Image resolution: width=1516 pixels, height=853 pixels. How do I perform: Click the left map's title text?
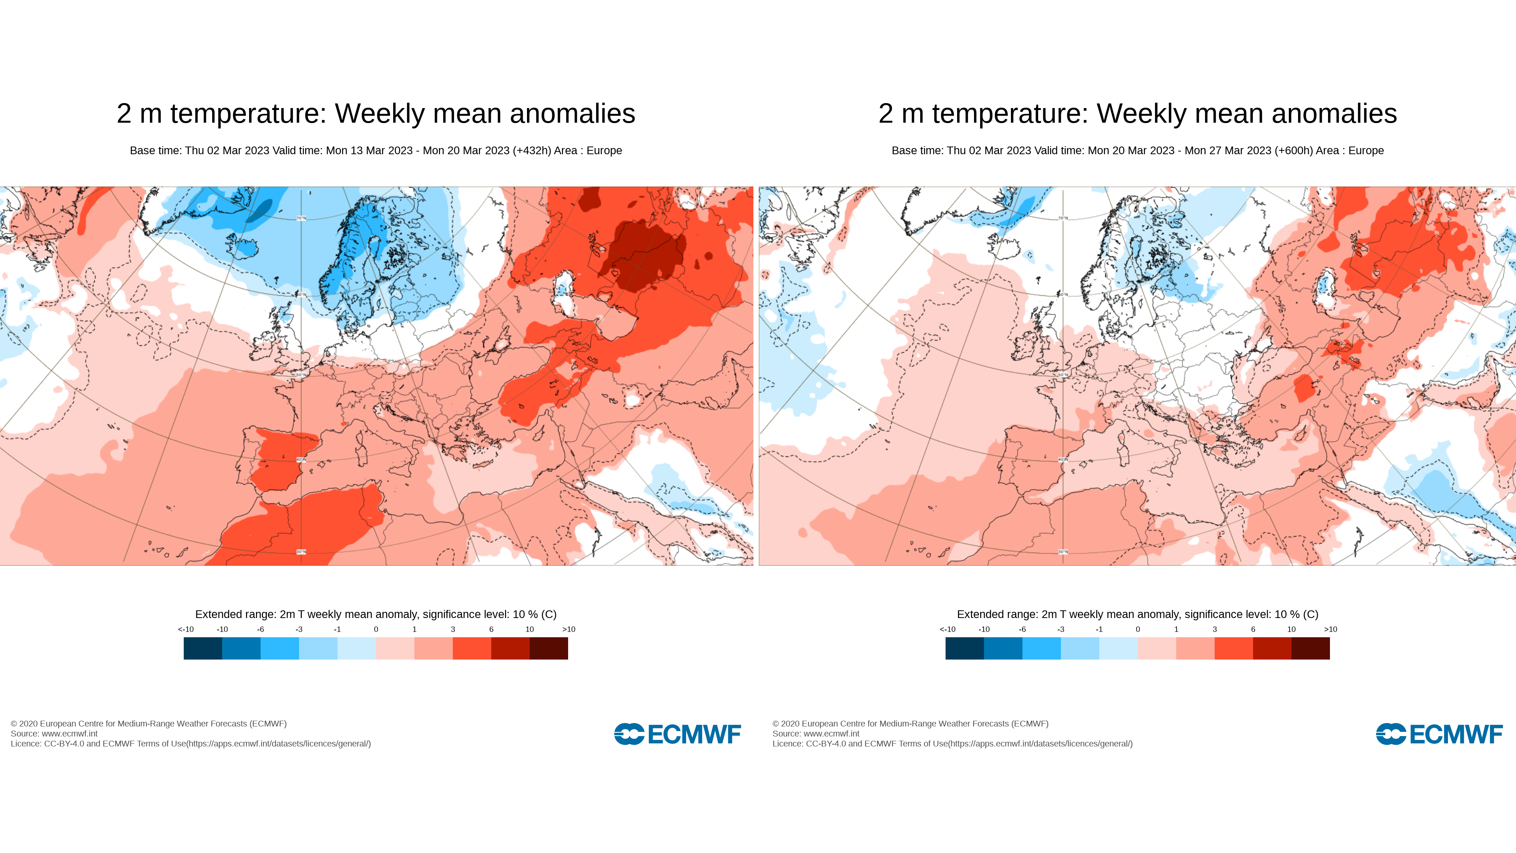376,113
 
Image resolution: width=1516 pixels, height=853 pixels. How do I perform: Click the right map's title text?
1137,113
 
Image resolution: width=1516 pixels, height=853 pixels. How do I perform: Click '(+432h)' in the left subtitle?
532,151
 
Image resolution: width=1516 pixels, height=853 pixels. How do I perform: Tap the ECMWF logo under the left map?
677,734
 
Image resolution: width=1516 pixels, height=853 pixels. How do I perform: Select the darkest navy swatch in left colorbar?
203,648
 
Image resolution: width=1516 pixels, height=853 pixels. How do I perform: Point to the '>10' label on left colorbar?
568,629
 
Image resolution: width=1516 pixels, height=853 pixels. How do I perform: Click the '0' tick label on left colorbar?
376,629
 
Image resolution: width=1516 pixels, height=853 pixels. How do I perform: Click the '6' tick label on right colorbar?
1253,629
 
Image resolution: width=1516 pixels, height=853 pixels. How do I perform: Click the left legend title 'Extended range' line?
376,615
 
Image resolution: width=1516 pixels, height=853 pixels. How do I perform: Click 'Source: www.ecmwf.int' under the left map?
54,733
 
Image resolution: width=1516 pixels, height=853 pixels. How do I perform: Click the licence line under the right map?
952,743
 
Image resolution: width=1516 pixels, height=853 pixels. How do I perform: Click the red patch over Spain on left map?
283,459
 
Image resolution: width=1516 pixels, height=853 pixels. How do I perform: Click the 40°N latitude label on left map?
301,460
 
